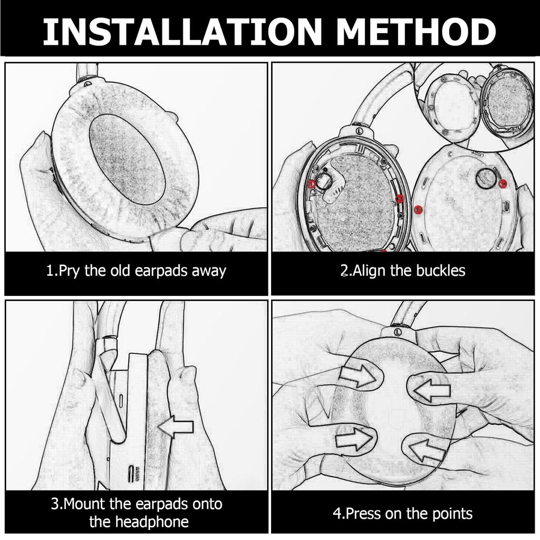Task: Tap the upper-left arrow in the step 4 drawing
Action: pyautogui.click(x=358, y=376)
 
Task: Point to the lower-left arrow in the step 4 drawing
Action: pyautogui.click(x=354, y=439)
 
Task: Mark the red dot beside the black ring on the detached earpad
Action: pyautogui.click(x=503, y=184)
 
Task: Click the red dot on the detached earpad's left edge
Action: pyautogui.click(x=418, y=209)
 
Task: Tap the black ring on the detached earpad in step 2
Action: pyautogui.click(x=486, y=178)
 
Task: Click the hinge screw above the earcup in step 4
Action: pyautogui.click(x=398, y=332)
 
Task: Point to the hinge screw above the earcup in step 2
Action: pyautogui.click(x=359, y=131)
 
